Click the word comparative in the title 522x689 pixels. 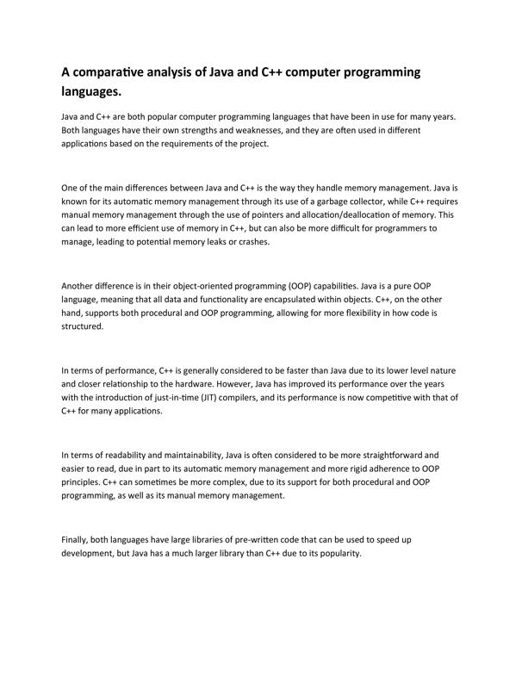118,72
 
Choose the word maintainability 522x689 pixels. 180,455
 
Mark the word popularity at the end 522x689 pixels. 335,553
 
